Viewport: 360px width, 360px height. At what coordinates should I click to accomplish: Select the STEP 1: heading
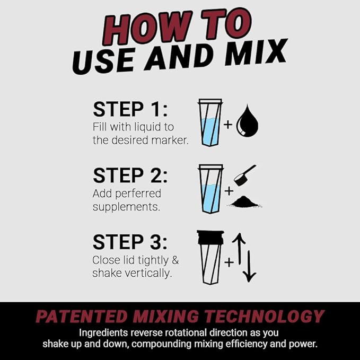point(130,109)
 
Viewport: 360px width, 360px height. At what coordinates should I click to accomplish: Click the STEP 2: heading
point(130,175)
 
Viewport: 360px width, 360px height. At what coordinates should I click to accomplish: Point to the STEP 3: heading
point(130,242)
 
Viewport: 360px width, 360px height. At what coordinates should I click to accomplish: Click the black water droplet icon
point(247,123)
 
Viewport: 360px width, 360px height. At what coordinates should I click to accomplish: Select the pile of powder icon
point(247,202)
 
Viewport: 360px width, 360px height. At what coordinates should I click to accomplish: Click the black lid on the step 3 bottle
point(210,236)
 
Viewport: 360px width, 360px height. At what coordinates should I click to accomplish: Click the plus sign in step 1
point(228,125)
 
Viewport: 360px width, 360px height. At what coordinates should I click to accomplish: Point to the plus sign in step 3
point(229,262)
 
